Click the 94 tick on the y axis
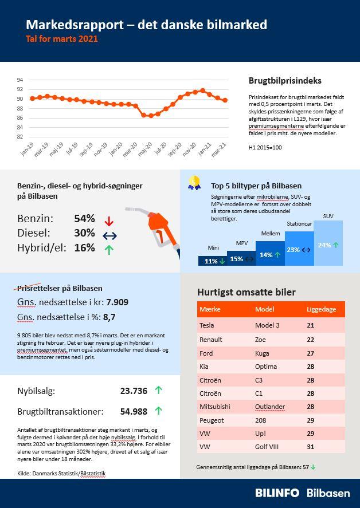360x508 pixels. click(19, 80)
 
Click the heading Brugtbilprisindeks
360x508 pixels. click(285, 81)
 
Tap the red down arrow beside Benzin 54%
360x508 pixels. click(109, 220)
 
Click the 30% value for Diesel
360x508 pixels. click(84, 233)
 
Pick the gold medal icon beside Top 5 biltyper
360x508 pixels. click(195, 182)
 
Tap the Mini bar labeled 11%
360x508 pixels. click(212, 261)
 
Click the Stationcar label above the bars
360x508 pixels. click(299, 225)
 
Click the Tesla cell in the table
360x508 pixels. click(206, 325)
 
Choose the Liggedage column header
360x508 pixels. click(322, 309)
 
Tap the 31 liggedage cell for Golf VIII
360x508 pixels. click(311, 446)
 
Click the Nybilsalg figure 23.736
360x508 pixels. click(134, 391)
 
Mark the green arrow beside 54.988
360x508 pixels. click(159, 411)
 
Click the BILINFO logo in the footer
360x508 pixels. click(278, 493)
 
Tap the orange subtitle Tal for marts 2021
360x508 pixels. click(62, 39)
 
